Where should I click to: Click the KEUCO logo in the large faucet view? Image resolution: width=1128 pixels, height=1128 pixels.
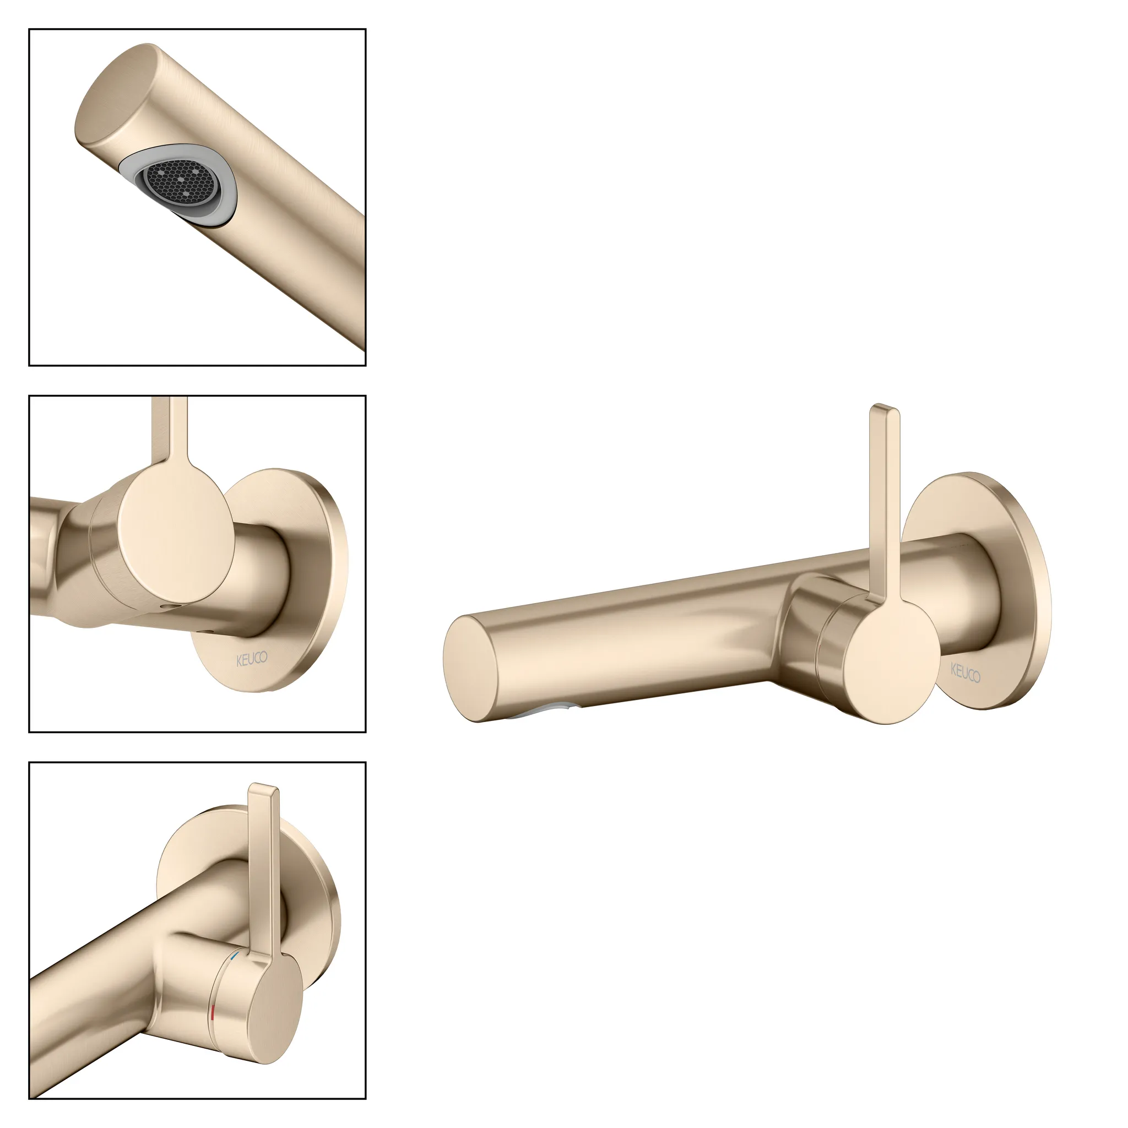966,672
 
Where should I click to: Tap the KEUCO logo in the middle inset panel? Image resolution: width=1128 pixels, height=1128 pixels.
252,659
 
